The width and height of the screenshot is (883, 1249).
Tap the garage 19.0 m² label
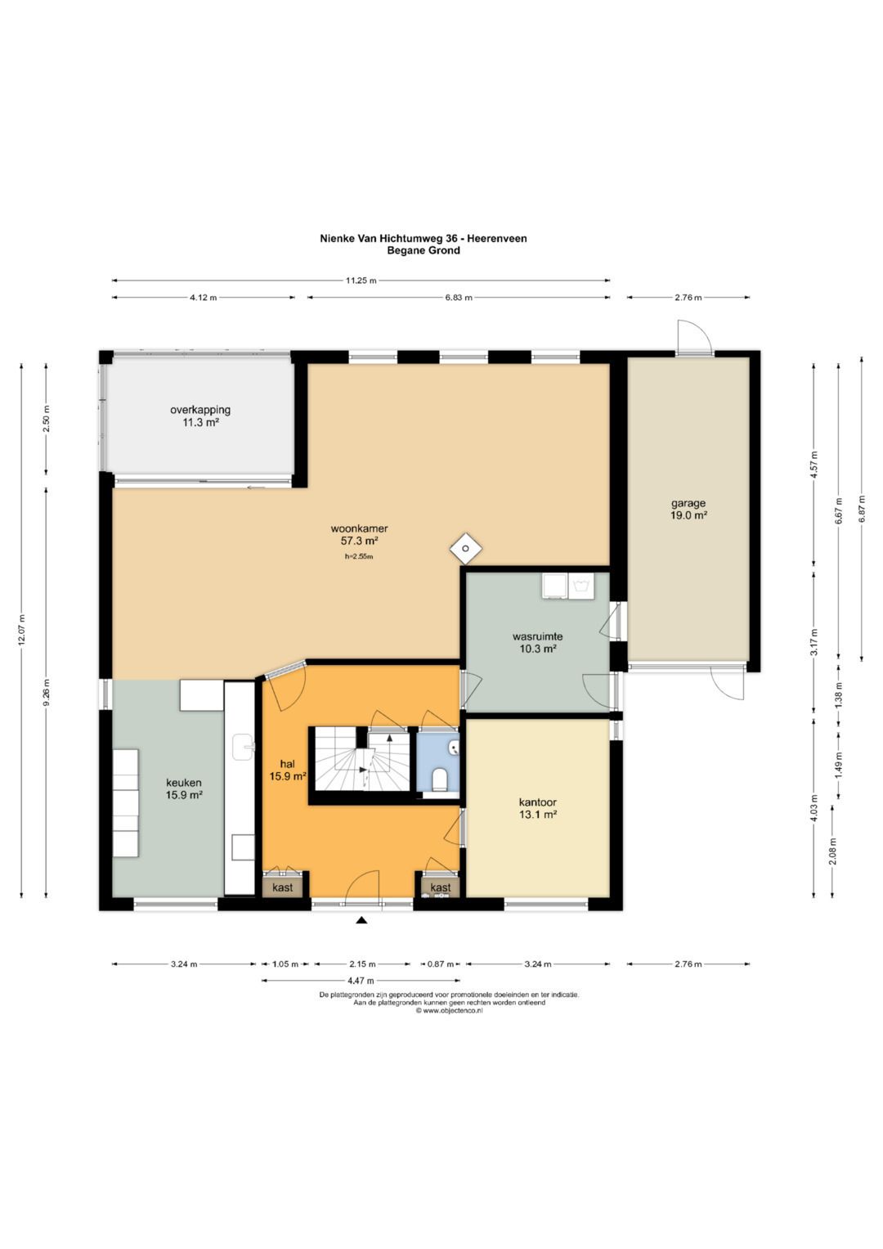[x=688, y=509]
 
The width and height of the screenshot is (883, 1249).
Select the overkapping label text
[x=200, y=410]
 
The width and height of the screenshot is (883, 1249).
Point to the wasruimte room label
[x=537, y=636]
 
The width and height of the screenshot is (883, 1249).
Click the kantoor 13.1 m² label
[x=537, y=808]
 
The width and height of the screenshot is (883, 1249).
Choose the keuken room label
[x=183, y=783]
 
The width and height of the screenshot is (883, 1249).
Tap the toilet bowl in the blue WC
[x=441, y=779]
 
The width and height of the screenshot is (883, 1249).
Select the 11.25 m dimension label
[x=361, y=281]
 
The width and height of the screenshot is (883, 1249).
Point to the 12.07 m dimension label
[x=22, y=631]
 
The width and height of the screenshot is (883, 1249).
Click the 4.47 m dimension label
[x=360, y=980]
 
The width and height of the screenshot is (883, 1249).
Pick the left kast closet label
[x=282, y=887]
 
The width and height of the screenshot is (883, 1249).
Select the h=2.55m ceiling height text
[x=359, y=556]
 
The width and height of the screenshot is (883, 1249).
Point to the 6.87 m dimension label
[x=862, y=509]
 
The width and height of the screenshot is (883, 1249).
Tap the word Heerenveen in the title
[x=497, y=238]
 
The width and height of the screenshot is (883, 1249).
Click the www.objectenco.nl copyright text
[x=450, y=1010]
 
